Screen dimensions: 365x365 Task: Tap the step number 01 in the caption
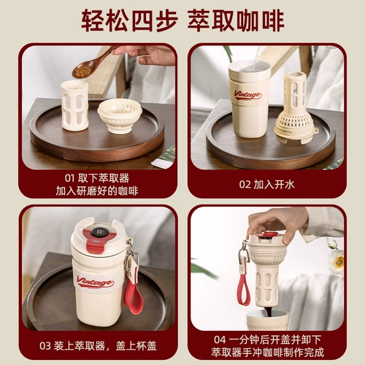click(x=69, y=178)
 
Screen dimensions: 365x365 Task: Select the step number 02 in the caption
click(x=245, y=185)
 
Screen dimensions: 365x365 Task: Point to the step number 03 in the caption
click(x=45, y=346)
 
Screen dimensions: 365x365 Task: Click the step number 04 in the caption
click(x=220, y=339)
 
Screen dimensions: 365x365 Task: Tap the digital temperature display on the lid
click(x=100, y=231)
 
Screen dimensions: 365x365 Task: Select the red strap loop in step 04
click(x=244, y=290)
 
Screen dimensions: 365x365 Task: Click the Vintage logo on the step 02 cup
click(x=247, y=95)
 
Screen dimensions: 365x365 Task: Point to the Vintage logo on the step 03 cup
click(x=96, y=283)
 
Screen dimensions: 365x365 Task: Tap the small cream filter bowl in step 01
click(x=120, y=116)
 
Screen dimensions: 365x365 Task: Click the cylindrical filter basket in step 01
click(x=74, y=106)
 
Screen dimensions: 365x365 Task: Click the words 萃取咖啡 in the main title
click(x=236, y=20)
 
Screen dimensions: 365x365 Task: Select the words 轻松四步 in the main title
click(x=129, y=20)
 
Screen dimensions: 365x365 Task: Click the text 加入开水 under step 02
click(x=274, y=185)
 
